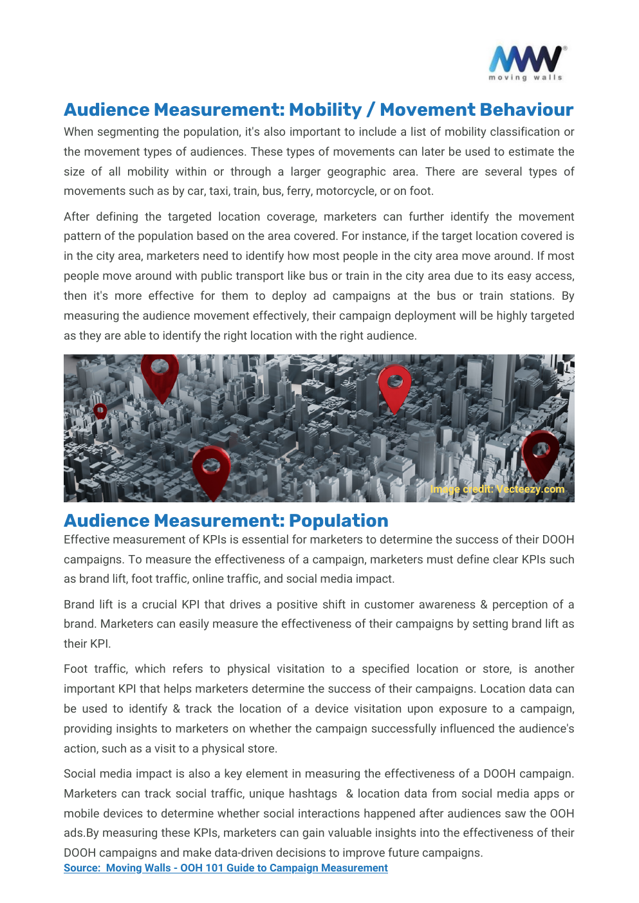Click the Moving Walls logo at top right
(526, 63)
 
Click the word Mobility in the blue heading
(325, 110)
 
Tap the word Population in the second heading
(338, 520)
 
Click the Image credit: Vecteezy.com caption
(497, 489)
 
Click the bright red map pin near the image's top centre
(394, 387)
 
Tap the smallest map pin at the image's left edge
(100, 411)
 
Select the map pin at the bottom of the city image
(211, 470)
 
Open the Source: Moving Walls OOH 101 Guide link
(225, 868)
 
